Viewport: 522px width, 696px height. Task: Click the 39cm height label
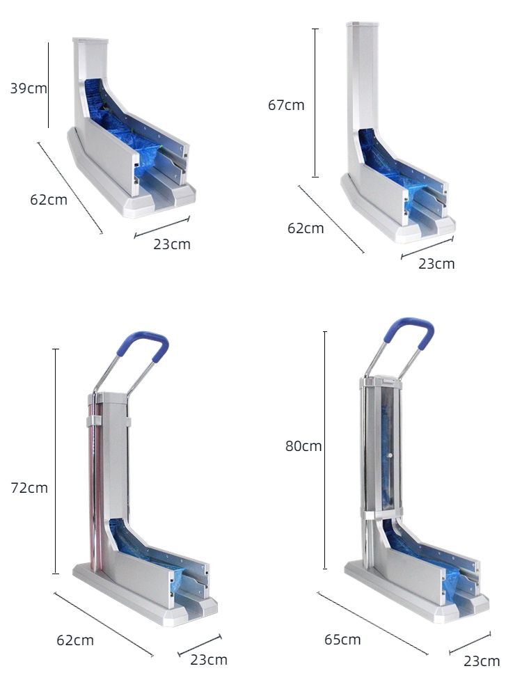coord(29,88)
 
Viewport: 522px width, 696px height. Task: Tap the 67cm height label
coord(286,105)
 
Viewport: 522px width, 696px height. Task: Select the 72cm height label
coord(29,487)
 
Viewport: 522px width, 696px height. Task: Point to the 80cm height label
coord(303,445)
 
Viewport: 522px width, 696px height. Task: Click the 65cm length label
coord(342,639)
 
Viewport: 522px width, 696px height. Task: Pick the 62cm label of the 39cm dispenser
coord(49,199)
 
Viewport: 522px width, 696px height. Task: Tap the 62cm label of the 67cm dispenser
coord(306,228)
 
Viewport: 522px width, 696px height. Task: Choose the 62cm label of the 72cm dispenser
coord(75,640)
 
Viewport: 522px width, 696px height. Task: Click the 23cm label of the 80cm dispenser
coord(482,661)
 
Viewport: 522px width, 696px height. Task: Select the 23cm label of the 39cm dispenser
coord(172,244)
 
